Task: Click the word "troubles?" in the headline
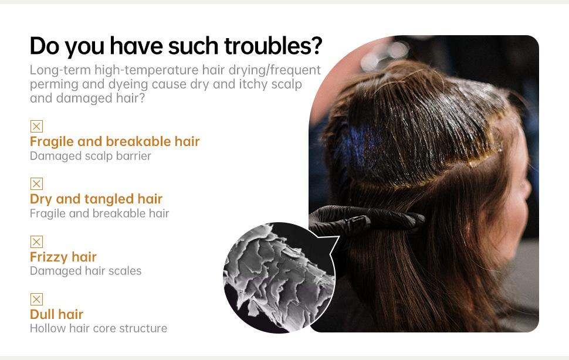coord(273,46)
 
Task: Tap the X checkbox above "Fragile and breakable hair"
coord(36,126)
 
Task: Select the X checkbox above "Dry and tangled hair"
coord(36,184)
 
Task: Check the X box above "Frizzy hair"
coord(36,242)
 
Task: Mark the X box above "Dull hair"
coord(36,299)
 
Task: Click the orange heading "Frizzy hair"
coord(63,257)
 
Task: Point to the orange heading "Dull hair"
coord(57,314)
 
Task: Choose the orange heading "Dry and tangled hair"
coord(96,199)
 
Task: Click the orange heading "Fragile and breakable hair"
coord(114,141)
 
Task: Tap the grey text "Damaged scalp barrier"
coord(90,156)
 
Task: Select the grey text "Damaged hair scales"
coord(86,271)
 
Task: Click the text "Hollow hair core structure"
coord(99,328)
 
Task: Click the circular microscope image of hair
coord(279,278)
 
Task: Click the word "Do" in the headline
coord(44,46)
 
